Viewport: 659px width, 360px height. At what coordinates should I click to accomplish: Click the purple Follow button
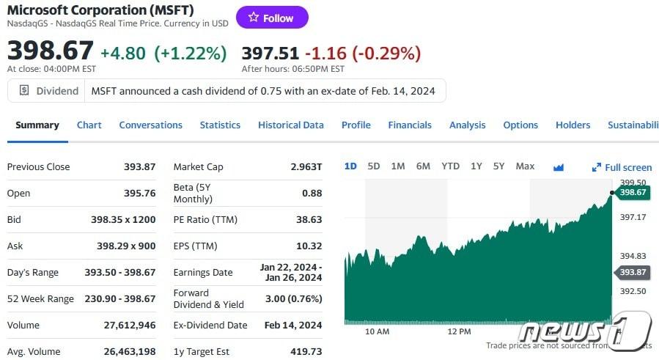(x=272, y=18)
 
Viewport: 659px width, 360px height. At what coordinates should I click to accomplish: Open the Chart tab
(x=89, y=125)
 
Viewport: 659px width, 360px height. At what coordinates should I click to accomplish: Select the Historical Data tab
(x=291, y=125)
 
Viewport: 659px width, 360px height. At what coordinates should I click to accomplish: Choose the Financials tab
(x=410, y=125)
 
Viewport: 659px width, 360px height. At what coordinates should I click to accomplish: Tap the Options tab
(x=520, y=125)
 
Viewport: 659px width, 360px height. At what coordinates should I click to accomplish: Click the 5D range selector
(x=374, y=166)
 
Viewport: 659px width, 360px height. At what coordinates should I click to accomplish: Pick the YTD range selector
(x=450, y=166)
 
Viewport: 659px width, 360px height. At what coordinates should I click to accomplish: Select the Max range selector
(x=525, y=166)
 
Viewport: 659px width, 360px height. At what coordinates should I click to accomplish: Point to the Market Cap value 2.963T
(x=306, y=167)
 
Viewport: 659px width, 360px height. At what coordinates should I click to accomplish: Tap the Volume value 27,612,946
(x=130, y=326)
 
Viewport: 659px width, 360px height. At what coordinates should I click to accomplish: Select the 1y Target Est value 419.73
(x=306, y=352)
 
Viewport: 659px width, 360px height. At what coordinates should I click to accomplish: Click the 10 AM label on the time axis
(x=377, y=331)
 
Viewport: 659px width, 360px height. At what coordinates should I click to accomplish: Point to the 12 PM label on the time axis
(x=459, y=331)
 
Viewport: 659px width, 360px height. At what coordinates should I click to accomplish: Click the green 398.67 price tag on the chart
(x=633, y=193)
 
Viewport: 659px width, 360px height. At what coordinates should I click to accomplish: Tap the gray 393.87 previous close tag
(x=633, y=272)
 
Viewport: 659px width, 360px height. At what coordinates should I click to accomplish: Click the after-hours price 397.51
(x=270, y=53)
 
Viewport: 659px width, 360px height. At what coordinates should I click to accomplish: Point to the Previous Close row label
(x=39, y=167)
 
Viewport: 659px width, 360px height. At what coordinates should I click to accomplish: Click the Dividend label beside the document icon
(x=57, y=91)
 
